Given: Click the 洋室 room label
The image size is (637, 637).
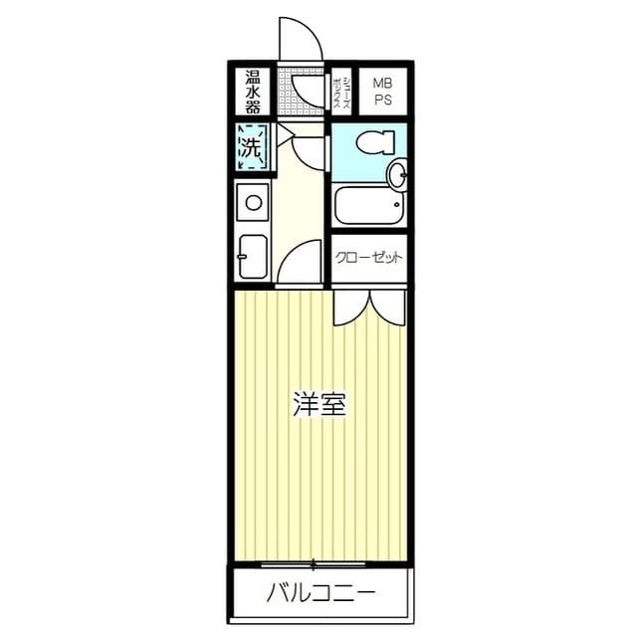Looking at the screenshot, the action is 319,404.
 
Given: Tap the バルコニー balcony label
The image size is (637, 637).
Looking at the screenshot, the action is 320,593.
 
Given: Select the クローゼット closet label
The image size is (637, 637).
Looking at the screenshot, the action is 369,258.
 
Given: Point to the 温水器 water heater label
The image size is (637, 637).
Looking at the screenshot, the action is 252,92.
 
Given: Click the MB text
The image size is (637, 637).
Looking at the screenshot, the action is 382,84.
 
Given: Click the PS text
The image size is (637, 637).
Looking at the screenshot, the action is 382,100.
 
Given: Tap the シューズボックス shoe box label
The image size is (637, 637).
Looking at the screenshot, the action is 341,93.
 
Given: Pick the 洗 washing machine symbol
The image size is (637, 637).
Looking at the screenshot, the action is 252,147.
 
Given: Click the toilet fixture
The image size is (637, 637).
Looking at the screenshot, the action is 375,142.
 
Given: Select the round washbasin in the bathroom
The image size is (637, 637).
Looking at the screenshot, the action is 397,173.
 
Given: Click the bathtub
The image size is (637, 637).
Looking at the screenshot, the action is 369,205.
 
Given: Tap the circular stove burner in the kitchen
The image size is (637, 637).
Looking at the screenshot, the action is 254,202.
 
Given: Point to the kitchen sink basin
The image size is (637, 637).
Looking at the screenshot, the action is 253,257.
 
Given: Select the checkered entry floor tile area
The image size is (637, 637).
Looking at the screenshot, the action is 301,91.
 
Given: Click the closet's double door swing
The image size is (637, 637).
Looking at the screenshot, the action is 369,308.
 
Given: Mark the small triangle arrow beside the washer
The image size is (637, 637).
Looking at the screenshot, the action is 285,133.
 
